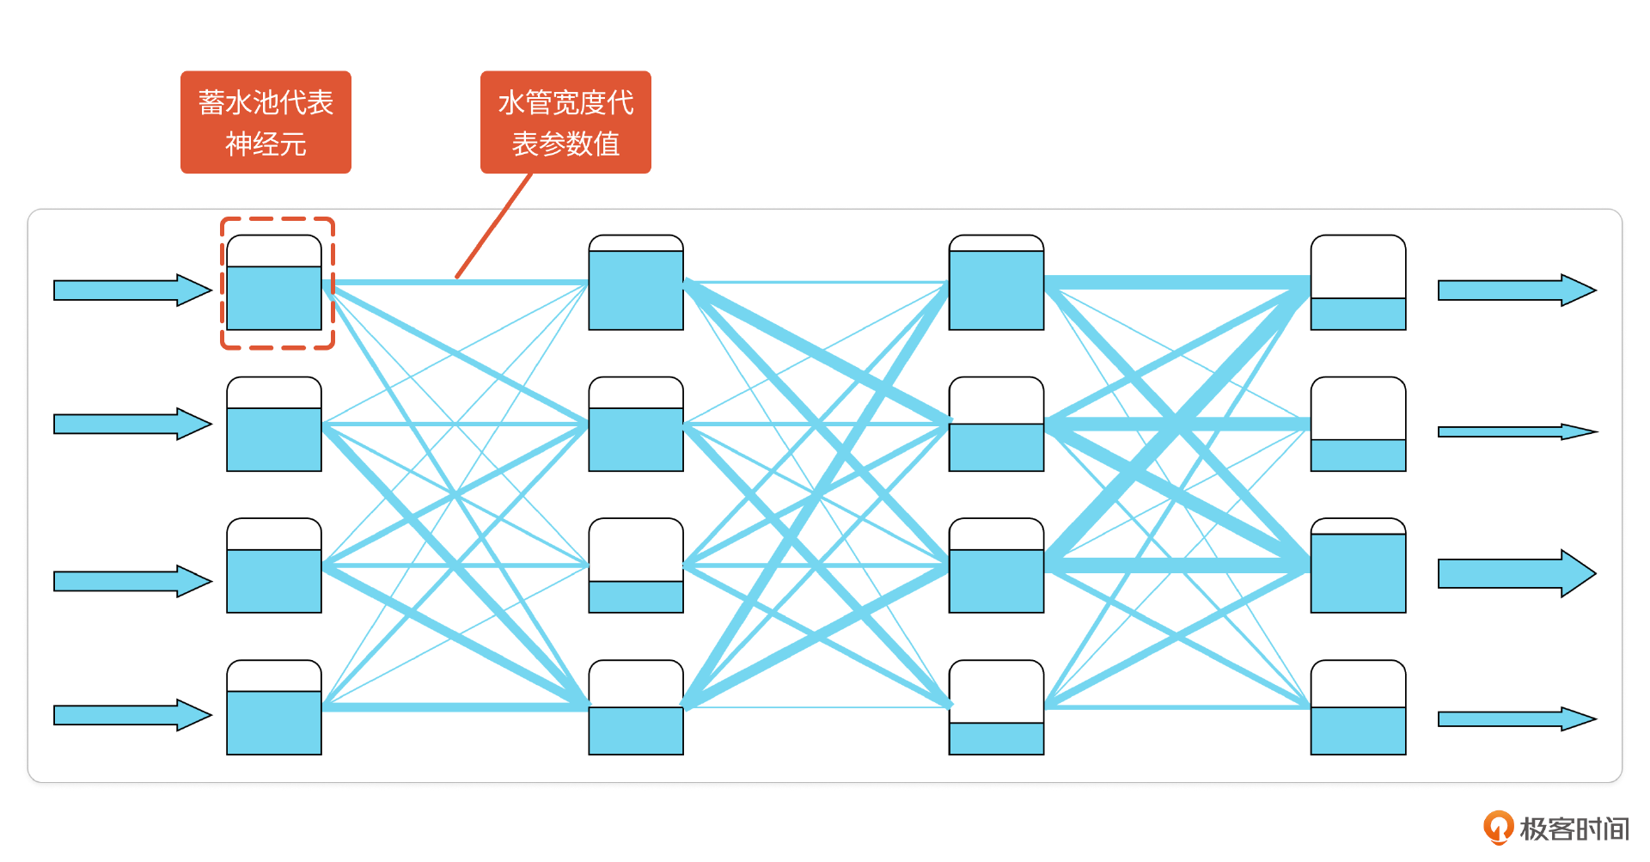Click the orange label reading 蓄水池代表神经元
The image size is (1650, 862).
pos(266,122)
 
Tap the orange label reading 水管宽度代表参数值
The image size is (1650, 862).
pos(565,122)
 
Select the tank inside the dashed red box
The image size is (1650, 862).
pos(274,283)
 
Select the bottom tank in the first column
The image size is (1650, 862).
pos(274,707)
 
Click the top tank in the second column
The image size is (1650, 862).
pos(636,283)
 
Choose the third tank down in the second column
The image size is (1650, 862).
pos(636,565)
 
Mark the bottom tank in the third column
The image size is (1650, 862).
pos(996,707)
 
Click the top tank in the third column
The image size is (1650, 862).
pos(996,283)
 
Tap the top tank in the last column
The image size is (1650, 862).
pos(1358,283)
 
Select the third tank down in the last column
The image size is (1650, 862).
pos(1358,565)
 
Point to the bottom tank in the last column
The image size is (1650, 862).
pos(1358,707)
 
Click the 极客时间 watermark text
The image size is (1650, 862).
pos(1574,828)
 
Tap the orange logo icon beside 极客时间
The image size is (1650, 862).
pos(1498,828)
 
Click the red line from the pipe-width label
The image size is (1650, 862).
pos(494,225)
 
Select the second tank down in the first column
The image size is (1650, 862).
pos(274,425)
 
